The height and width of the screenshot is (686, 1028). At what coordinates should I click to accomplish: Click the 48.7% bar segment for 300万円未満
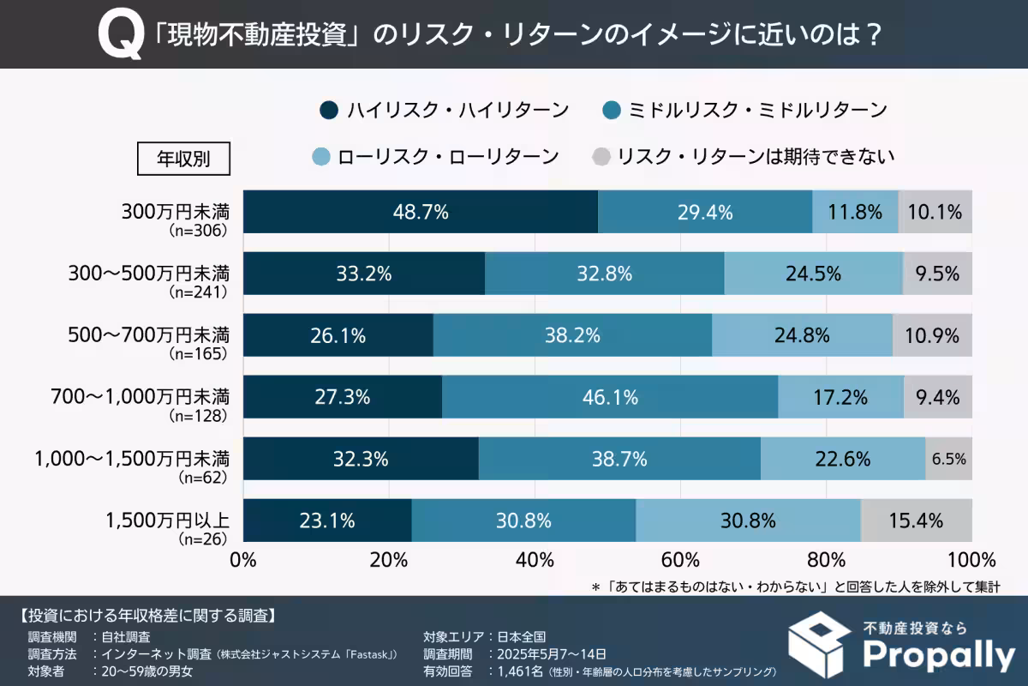(421, 212)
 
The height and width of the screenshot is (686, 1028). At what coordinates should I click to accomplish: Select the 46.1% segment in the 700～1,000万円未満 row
(610, 397)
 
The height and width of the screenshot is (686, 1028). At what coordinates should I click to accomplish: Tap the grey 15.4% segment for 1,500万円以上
(917, 521)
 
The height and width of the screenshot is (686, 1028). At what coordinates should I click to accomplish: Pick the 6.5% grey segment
(948, 459)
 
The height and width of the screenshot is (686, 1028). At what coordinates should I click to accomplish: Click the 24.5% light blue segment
(813, 274)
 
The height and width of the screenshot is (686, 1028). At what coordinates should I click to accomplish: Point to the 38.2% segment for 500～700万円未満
(572, 335)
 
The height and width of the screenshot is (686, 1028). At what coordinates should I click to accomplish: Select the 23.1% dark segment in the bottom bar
(327, 521)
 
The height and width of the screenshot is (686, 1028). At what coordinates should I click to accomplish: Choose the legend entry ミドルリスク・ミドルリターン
(744, 110)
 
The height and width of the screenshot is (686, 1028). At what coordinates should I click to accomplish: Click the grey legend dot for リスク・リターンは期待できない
(601, 157)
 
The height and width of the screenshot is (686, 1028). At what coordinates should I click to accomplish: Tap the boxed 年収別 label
(182, 158)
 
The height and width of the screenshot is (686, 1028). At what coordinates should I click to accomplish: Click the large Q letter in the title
(119, 37)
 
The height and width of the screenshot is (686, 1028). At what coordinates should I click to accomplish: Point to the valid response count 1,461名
(515, 671)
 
